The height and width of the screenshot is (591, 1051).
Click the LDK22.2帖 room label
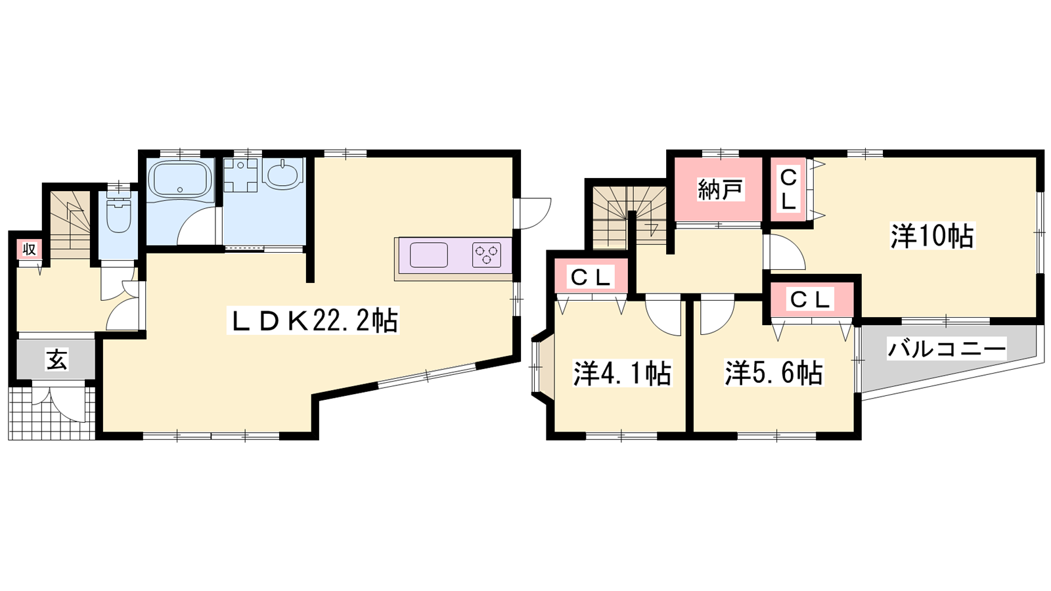(313, 320)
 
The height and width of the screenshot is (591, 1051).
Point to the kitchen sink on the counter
(428, 255)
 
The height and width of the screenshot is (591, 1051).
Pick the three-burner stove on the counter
(486, 255)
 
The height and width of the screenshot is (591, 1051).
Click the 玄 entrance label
(56, 359)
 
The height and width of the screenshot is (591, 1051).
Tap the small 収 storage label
(30, 249)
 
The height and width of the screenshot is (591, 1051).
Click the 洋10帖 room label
(932, 236)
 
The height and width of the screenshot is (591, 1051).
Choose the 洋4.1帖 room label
(622, 374)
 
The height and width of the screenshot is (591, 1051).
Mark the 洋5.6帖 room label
(774, 373)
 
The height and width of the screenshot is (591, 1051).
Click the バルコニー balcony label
(947, 349)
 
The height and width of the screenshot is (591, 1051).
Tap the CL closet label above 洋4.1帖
(591, 278)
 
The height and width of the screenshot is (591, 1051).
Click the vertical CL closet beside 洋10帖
(788, 189)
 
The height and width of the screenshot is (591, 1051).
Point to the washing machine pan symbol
(240, 175)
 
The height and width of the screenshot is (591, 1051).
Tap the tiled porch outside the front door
(52, 413)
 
